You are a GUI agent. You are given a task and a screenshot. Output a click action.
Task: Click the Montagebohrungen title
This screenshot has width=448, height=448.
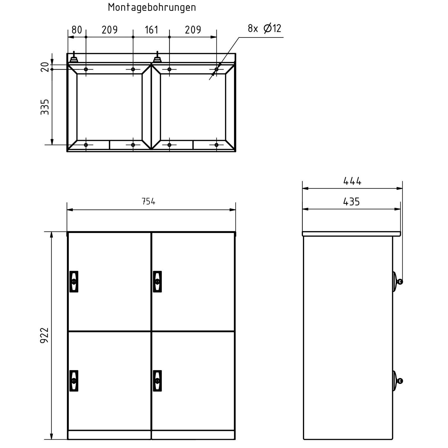152,7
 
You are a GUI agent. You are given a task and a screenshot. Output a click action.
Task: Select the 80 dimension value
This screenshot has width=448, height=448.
76,30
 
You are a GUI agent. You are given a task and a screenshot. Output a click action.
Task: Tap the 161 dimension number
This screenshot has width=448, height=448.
151,30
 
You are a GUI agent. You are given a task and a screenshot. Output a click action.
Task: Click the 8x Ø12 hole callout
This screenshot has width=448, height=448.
264,29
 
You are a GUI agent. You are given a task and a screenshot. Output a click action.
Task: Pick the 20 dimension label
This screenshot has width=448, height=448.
45,67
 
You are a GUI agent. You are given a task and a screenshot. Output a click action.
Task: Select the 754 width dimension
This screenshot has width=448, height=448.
148,201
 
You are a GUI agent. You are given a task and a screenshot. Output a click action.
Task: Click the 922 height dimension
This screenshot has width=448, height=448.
45,335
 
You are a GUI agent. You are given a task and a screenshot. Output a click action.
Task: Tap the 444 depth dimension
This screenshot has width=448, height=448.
352,181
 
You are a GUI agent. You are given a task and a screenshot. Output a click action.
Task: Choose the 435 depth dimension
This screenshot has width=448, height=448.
351,202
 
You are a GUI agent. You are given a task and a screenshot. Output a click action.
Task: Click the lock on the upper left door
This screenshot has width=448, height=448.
74,281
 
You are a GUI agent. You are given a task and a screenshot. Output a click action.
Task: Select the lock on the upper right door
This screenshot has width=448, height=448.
157,281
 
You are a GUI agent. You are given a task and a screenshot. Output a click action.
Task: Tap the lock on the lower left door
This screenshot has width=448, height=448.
74,381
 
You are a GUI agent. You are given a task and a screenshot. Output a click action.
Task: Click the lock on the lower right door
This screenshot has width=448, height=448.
157,381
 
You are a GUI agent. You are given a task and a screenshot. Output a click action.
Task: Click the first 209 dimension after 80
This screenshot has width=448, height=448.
109,30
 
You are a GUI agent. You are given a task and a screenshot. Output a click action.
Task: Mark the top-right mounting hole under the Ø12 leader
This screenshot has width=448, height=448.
216,69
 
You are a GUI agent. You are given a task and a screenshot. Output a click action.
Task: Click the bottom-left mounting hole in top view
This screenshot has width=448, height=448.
86,145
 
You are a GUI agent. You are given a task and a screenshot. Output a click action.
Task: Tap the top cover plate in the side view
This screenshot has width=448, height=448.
351,234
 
